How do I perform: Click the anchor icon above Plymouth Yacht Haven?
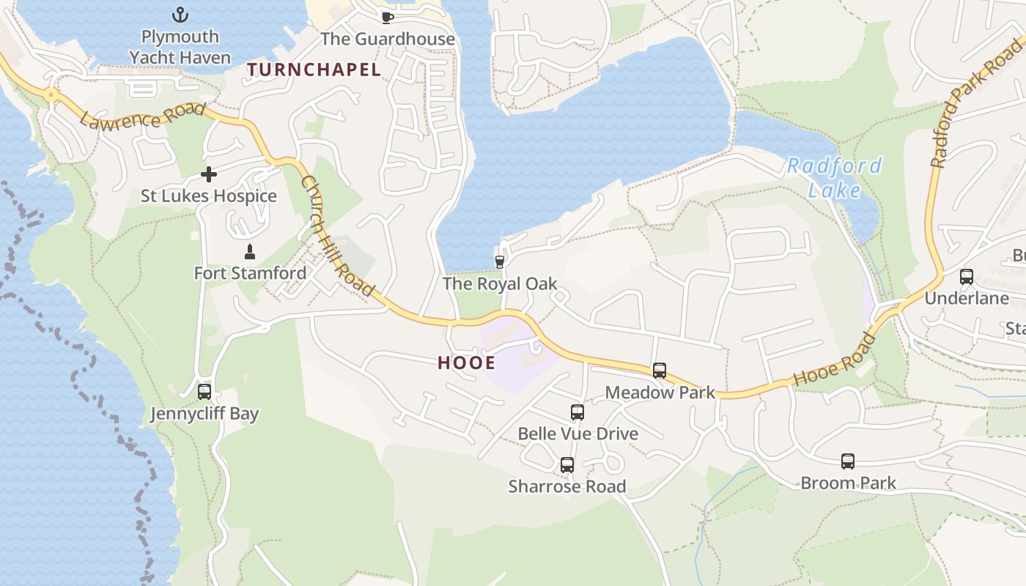pyautogui.click(x=180, y=15)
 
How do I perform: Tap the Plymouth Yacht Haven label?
pyautogui.click(x=180, y=47)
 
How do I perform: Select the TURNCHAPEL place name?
pyautogui.click(x=314, y=70)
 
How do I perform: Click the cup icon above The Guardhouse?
pyautogui.click(x=387, y=18)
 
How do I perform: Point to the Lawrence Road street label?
pyautogui.click(x=142, y=116)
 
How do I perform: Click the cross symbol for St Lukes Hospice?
pyautogui.click(x=209, y=174)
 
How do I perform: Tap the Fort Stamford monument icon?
pyautogui.click(x=250, y=252)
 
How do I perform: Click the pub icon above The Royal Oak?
pyautogui.click(x=500, y=262)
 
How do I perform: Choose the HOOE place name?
pyautogui.click(x=466, y=363)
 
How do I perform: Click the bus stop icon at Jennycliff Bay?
pyautogui.click(x=204, y=392)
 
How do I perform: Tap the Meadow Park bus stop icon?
pyautogui.click(x=660, y=371)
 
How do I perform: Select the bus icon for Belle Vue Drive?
pyautogui.click(x=577, y=412)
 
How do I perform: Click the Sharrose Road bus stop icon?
pyautogui.click(x=567, y=465)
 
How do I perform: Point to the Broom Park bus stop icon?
pyautogui.click(x=848, y=461)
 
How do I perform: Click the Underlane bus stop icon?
pyautogui.click(x=967, y=277)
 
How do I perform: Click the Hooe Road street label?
pyautogui.click(x=835, y=360)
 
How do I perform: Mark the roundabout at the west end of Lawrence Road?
pyautogui.click(x=50, y=94)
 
